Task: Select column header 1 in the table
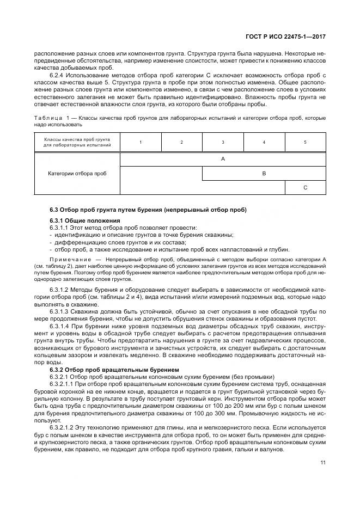pyautogui.click(x=141, y=142)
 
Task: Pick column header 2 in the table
pyautogui.click(x=181, y=142)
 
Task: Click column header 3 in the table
pyautogui.click(x=223, y=142)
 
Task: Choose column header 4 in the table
pyautogui.click(x=264, y=142)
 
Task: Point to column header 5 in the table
pyautogui.click(x=305, y=142)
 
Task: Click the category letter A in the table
pyautogui.click(x=223, y=159)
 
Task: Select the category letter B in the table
pyautogui.click(x=264, y=173)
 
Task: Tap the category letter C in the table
pyautogui.click(x=305, y=187)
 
